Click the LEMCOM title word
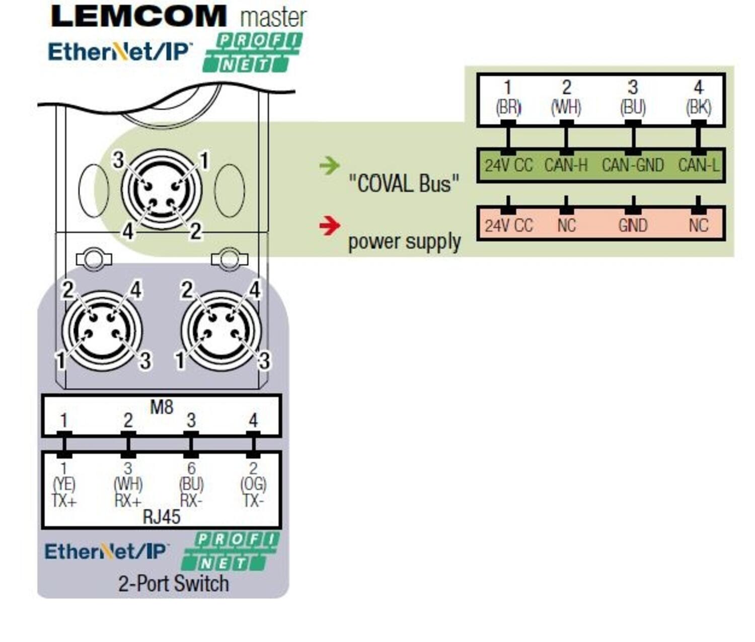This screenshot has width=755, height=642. coord(138,16)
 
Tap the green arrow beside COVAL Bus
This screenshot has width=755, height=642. coord(330,165)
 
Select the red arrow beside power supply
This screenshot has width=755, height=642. coord(330,225)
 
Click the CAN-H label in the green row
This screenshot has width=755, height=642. coord(566,165)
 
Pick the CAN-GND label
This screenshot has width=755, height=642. coord(633,165)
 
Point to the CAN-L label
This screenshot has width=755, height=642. coord(699,165)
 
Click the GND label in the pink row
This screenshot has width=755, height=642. coord(633,225)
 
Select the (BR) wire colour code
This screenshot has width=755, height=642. coord(508,107)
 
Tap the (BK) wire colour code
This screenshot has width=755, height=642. coord(699,107)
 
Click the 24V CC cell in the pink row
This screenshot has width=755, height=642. coord(508,225)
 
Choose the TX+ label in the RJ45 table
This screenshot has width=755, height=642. coord(64,501)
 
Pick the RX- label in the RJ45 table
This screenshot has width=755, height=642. coord(191,501)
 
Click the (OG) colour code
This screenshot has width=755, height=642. coord(253,484)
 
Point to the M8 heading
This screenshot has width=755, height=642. coord(162,406)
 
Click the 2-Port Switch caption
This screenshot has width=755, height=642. coord(174,584)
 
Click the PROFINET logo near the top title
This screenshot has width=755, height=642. coord(252,52)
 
